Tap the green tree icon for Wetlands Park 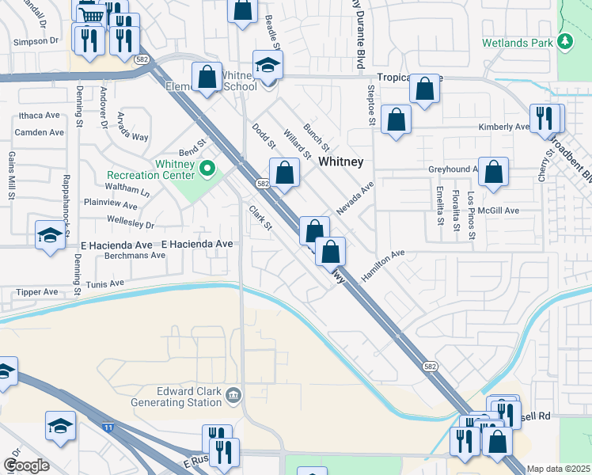[x=564, y=40]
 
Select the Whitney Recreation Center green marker [x=208, y=168]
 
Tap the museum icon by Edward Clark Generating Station [x=233, y=395]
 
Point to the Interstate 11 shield [x=107, y=427]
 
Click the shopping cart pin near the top [x=92, y=14]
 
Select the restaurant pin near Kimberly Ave [x=545, y=118]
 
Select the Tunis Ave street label [x=105, y=283]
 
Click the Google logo [x=26, y=465]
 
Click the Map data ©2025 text [x=559, y=469]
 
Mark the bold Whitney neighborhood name [x=341, y=161]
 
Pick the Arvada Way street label [x=132, y=127]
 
